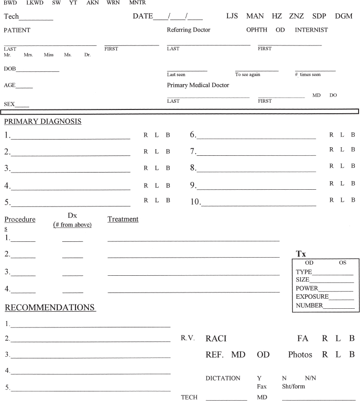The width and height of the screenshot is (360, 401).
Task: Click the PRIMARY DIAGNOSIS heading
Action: click(x=43, y=121)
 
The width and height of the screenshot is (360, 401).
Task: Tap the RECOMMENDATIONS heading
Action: click(x=50, y=307)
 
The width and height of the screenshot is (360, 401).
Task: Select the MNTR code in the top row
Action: click(x=137, y=3)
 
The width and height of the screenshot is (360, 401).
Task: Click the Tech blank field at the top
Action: click(x=36, y=18)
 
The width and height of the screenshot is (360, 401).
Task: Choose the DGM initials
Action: click(x=343, y=16)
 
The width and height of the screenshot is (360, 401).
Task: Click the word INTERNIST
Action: click(x=311, y=30)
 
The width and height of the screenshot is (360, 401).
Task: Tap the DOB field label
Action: click(x=10, y=69)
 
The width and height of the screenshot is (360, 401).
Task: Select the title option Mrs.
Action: click(x=28, y=55)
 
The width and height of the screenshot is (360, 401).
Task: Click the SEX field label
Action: click(x=10, y=104)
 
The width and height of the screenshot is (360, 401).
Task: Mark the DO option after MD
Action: click(x=333, y=96)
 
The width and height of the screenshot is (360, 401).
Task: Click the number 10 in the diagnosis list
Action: click(x=195, y=202)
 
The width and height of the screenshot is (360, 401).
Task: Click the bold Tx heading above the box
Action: click(x=301, y=254)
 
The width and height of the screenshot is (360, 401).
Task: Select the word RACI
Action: click(x=216, y=339)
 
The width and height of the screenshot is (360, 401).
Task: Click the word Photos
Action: click(x=300, y=355)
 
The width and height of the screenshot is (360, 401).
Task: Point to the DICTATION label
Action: click(x=223, y=378)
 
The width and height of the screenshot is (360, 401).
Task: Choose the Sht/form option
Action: click(x=293, y=386)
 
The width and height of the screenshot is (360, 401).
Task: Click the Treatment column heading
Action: click(x=123, y=219)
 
